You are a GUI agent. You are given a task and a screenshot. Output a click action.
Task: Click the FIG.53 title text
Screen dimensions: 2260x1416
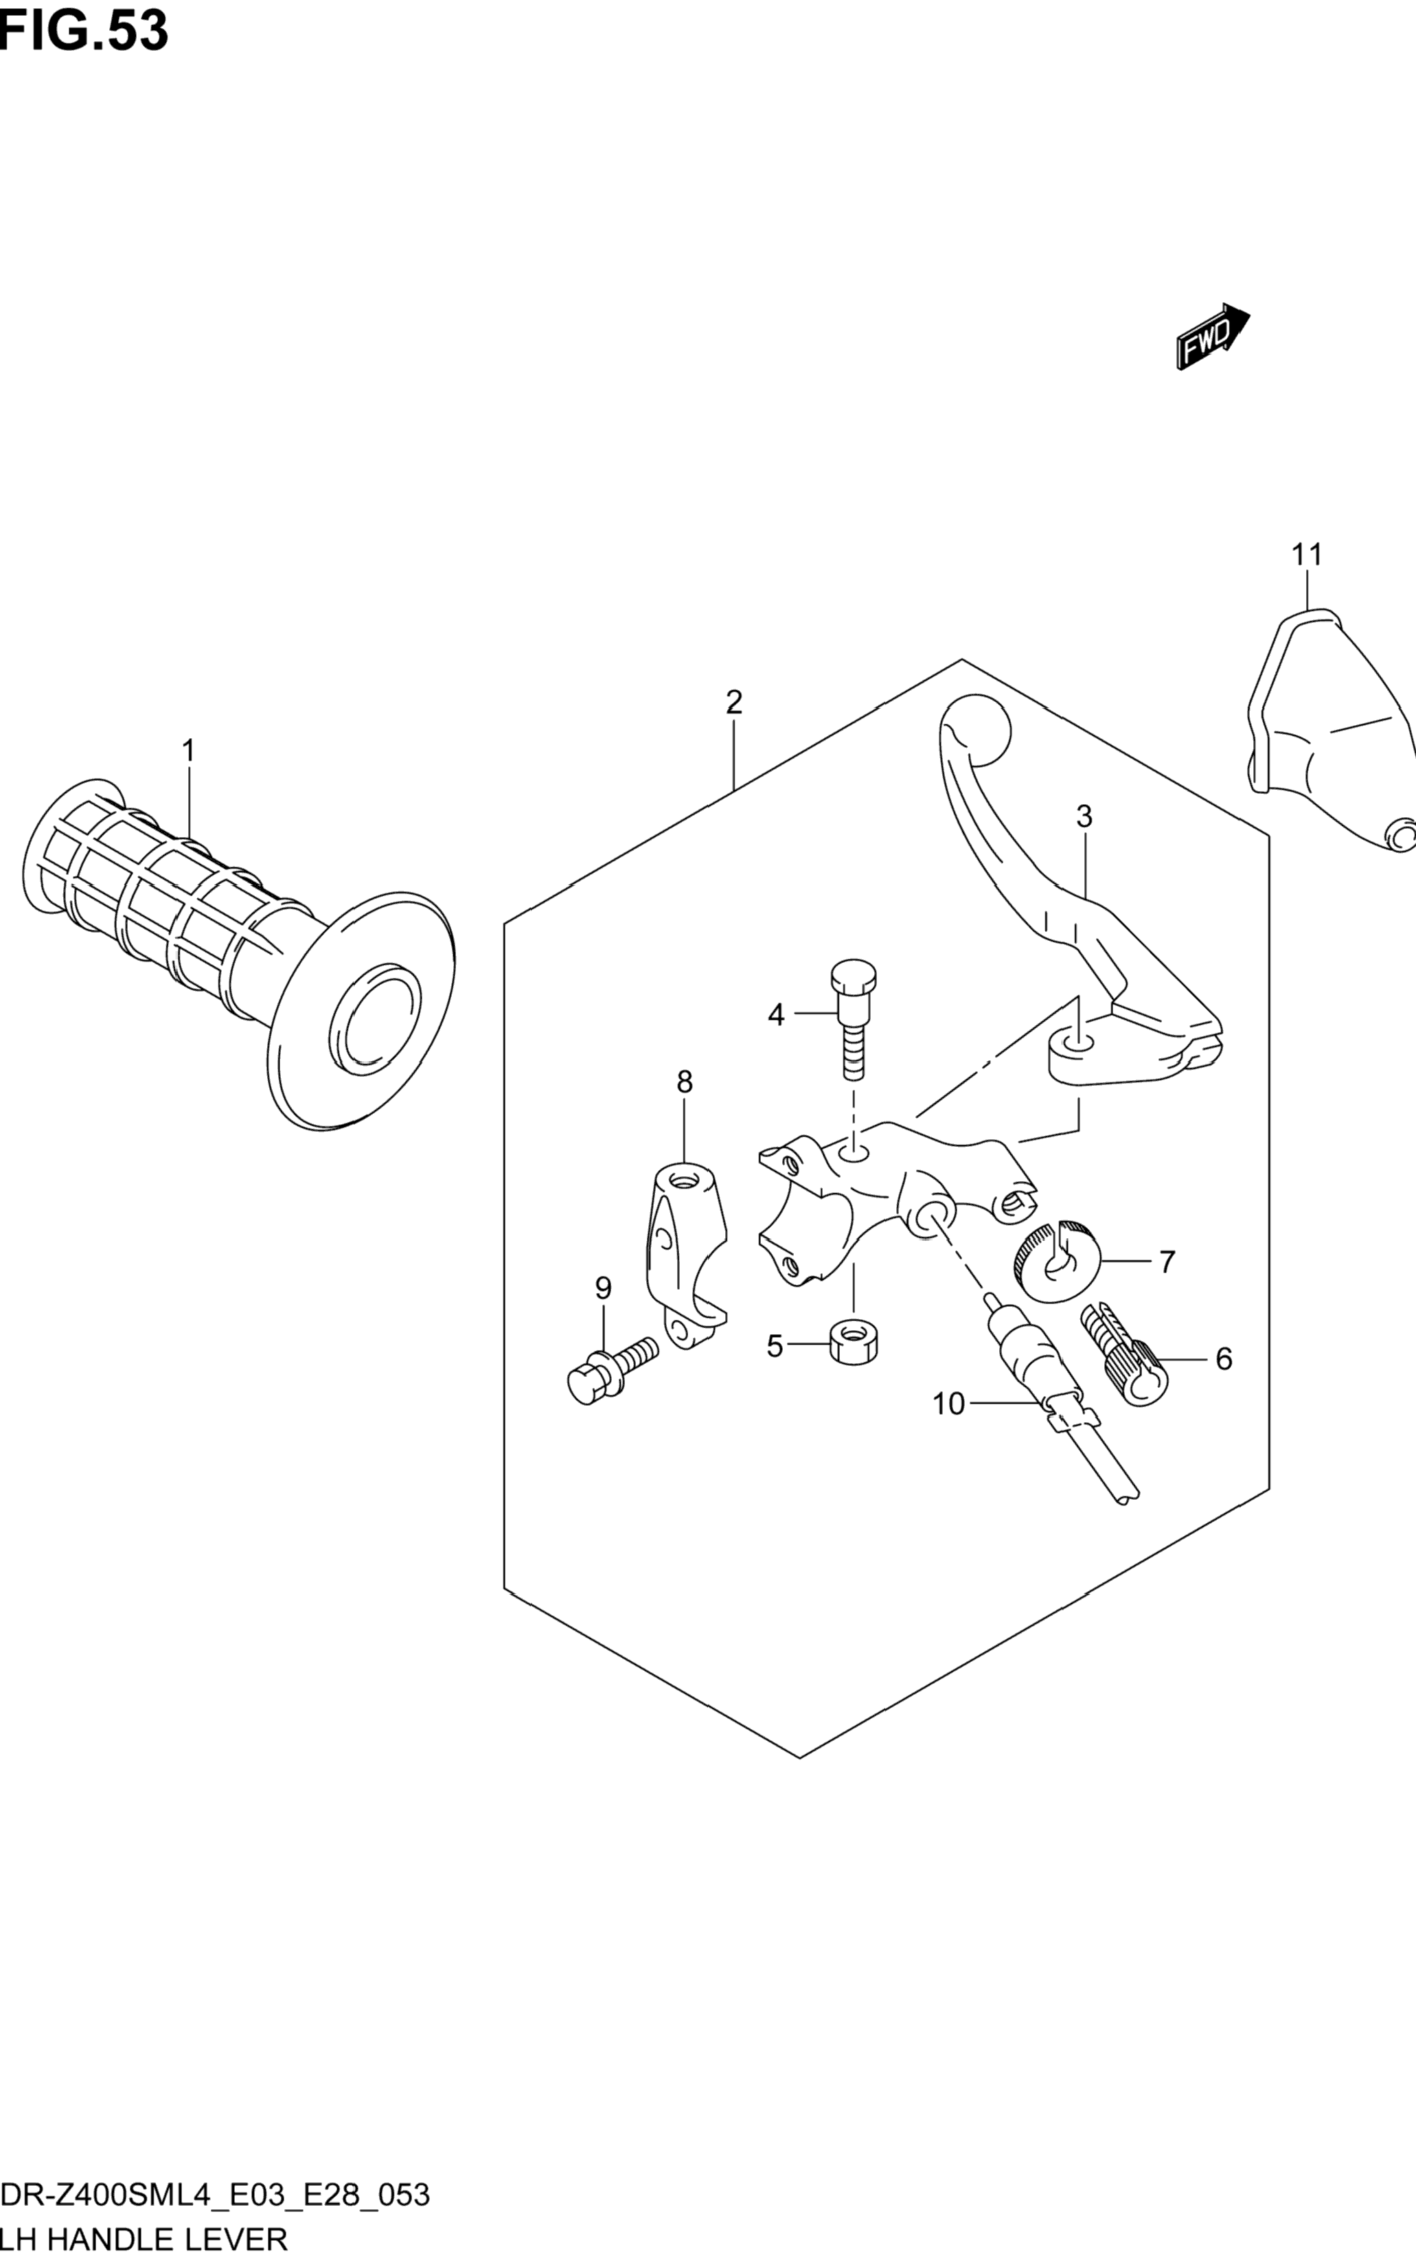84,30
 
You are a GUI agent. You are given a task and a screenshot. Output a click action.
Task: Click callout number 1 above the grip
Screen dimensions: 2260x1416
188,751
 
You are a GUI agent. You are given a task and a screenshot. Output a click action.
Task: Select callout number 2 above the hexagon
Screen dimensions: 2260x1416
733,702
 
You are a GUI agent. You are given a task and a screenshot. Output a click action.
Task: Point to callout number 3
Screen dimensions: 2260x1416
1084,817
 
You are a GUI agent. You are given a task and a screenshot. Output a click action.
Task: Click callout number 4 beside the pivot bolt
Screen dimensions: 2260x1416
775,1014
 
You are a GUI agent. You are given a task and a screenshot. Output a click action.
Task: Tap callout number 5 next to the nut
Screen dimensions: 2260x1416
775,1347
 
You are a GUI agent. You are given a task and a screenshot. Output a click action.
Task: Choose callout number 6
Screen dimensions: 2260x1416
1223,1359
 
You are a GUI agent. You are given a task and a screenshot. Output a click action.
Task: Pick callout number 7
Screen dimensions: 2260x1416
1166,1262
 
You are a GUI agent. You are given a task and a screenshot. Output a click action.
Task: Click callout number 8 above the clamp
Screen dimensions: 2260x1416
685,1083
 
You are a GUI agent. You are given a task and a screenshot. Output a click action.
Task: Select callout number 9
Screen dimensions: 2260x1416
603,1289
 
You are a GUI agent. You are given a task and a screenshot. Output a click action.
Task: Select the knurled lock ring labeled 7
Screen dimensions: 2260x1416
1055,1261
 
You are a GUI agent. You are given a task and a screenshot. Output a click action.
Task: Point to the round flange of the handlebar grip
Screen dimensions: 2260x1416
361,1012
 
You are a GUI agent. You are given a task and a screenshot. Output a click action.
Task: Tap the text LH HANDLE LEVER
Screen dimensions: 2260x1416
144,2239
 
